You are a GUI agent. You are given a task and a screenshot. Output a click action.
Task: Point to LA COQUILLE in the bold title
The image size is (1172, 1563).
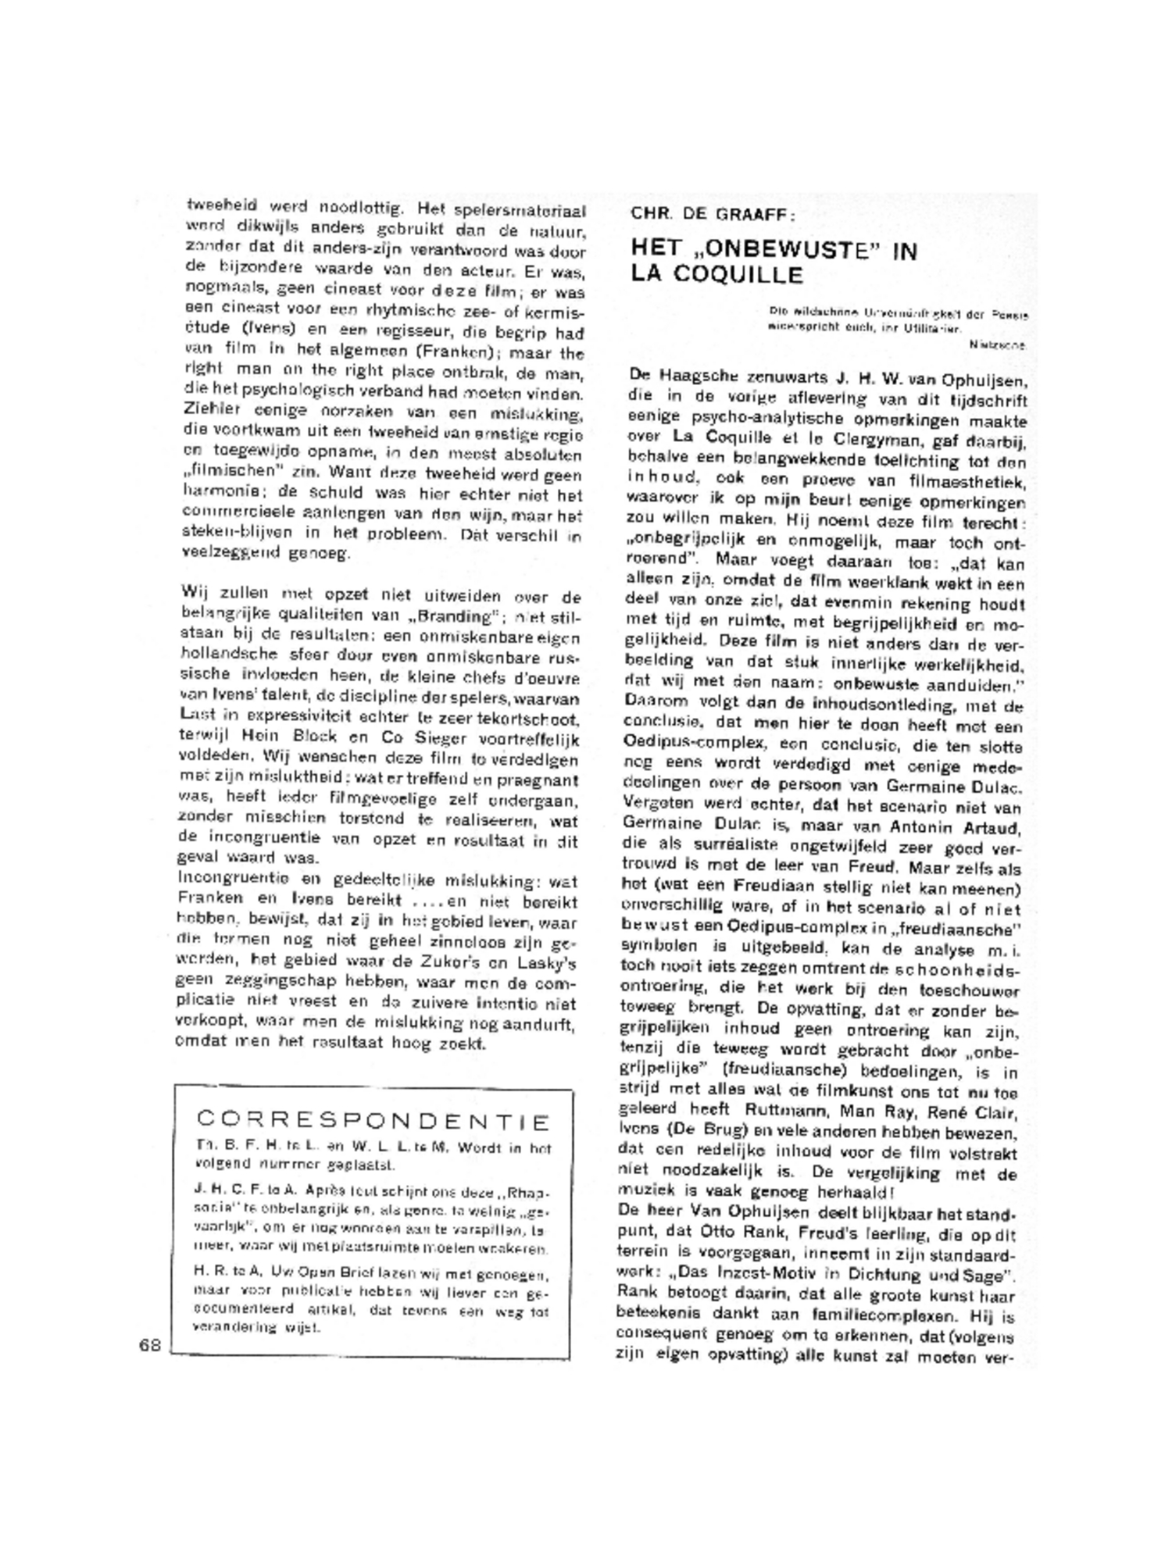(717, 275)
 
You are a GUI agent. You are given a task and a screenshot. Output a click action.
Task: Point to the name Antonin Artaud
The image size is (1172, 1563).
(952, 826)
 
